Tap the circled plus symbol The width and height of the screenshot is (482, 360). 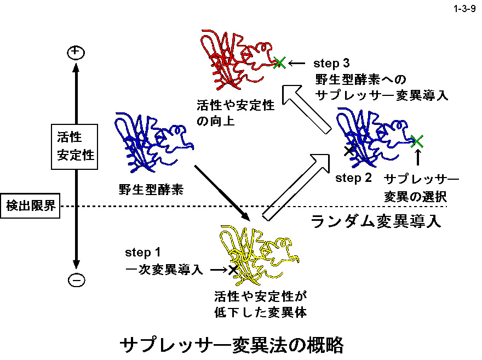(76, 53)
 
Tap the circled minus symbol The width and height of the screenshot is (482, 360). (76, 280)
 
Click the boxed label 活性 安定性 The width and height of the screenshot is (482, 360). (76, 144)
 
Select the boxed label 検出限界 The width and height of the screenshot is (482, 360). (30, 206)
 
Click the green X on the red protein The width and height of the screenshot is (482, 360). (279, 62)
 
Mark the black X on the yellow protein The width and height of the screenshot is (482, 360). (233, 269)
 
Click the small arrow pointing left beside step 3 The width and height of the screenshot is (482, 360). (297, 63)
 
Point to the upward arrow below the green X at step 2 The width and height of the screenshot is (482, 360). (417, 158)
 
